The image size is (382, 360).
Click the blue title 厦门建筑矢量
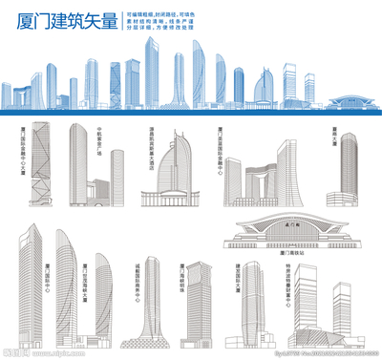tap(60, 22)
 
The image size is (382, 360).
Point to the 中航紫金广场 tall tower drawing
tap(77, 167)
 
